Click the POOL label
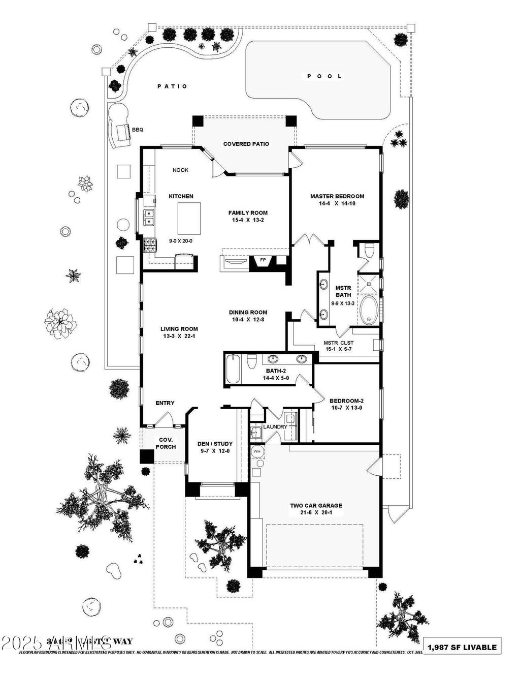tap(325, 76)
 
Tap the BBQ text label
tap(138, 130)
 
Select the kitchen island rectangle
tap(189, 218)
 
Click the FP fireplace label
tap(263, 260)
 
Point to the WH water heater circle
tap(257, 451)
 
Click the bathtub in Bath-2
tap(234, 369)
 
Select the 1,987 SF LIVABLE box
tap(462, 647)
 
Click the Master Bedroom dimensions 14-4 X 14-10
tap(337, 204)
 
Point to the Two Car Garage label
tap(316, 506)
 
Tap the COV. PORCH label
tap(166, 443)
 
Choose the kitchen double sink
tap(149, 218)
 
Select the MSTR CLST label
tap(338, 343)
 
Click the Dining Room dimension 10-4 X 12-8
tap(248, 320)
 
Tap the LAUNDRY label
tap(275, 426)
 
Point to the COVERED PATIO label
tap(246, 144)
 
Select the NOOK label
tap(180, 170)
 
